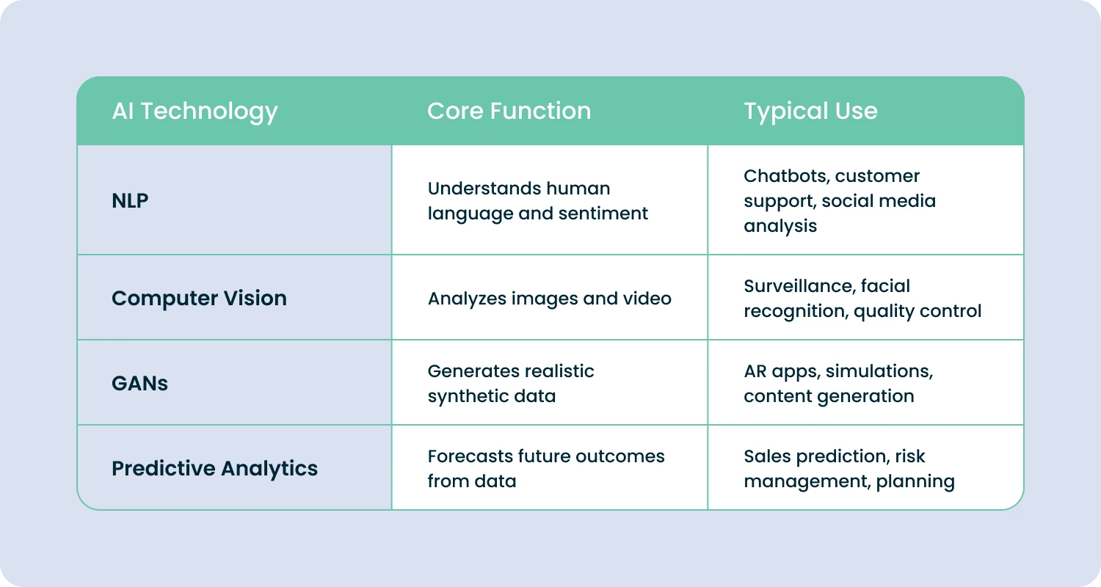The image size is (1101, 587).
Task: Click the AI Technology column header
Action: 195,112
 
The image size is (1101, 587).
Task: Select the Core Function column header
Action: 509,112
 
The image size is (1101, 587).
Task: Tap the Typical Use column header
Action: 810,112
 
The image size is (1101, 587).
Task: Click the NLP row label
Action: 130,200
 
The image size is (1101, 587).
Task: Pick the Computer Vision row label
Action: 199,298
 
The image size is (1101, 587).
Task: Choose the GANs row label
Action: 139,383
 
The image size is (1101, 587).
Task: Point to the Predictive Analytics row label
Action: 214,468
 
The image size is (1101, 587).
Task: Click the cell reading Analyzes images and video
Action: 549,298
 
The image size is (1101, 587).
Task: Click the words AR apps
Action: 780,371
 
